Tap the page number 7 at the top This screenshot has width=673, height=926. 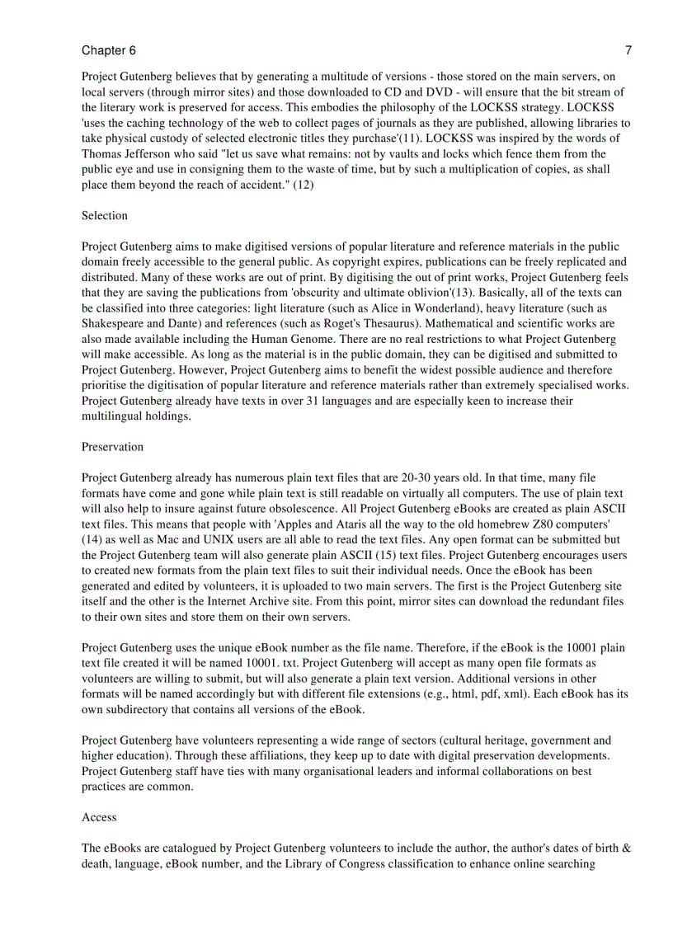628,51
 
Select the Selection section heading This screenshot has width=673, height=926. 105,216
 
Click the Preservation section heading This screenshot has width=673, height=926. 112,447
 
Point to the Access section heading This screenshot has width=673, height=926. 99,817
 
